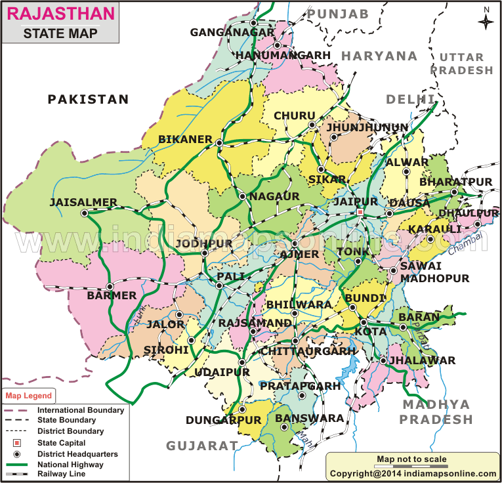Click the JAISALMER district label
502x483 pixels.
point(83,202)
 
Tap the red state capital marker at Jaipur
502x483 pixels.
point(360,213)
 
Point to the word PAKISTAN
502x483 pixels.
point(89,99)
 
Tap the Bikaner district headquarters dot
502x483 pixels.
point(220,142)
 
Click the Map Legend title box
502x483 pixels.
point(29,396)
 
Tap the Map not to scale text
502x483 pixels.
point(411,459)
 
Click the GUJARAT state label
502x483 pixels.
point(201,446)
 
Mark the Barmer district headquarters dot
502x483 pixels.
point(110,286)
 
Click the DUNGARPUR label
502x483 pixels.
point(223,420)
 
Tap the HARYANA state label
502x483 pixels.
point(379,56)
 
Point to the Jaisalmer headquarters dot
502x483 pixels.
point(84,213)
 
